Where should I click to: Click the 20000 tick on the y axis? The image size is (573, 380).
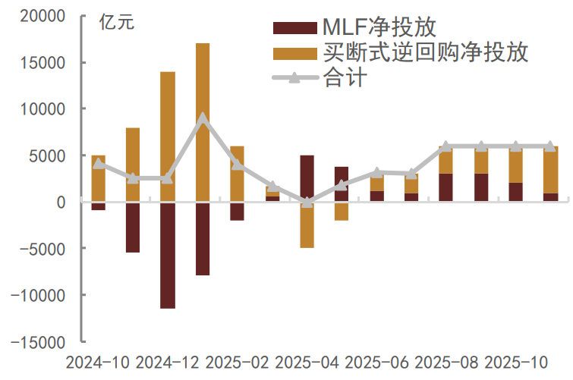43,16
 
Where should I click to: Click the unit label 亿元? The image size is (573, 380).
116,22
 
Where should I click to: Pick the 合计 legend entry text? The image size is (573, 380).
345,77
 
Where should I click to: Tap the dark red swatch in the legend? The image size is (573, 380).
294,28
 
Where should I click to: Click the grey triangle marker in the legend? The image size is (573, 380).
294,77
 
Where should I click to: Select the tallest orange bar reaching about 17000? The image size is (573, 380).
203,121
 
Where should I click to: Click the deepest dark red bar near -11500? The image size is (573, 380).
168,255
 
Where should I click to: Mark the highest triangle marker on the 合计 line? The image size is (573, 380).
203,118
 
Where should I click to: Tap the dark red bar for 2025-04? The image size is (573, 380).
307,178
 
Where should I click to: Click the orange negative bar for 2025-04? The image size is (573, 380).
307,225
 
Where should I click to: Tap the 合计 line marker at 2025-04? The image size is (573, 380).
307,202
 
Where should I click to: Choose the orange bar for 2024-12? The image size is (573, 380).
168,137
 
